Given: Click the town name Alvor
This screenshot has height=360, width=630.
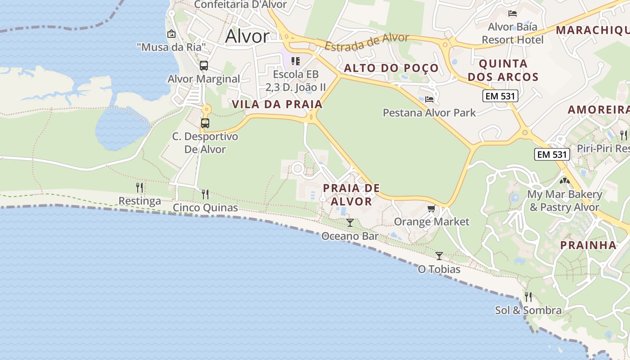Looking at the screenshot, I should point(247,36).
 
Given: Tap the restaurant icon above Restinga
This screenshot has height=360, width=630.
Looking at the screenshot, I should point(139,187).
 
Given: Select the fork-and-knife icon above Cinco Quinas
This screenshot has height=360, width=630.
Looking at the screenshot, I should point(205,194).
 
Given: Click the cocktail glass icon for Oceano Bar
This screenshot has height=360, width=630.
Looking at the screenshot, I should point(350,222).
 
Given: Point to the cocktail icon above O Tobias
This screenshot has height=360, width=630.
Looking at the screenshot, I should point(439,256).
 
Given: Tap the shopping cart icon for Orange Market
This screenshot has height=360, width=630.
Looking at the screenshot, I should point(431,208).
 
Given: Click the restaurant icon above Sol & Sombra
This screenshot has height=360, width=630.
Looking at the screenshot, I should point(528,297).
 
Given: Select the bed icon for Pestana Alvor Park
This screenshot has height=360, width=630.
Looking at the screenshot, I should point(429,99).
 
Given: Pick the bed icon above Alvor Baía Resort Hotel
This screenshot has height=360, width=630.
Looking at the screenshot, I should point(512,13).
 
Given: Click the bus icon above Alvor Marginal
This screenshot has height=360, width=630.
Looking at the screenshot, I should point(204,66).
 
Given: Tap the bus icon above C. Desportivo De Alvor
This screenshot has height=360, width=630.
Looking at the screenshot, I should point(205,123).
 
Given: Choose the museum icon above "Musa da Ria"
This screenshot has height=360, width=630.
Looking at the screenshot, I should point(171,34).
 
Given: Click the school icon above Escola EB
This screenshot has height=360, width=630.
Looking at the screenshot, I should point(295,61).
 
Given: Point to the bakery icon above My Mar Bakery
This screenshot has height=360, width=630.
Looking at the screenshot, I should point(564,181).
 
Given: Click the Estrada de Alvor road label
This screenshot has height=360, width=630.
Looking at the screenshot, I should point(366,42).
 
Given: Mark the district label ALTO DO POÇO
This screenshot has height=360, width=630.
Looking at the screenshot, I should point(391,68).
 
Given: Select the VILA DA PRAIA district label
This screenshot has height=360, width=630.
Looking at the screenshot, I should point(277,104).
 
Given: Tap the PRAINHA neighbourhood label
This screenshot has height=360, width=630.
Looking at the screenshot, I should point(588,245).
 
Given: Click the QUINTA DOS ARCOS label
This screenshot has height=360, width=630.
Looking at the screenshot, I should point(503,70).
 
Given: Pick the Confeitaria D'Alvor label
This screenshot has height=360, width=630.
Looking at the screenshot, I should point(240,4).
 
